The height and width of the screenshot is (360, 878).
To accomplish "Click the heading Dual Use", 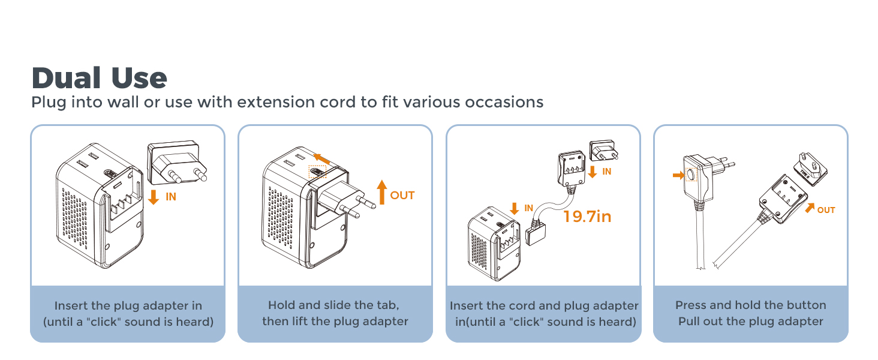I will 99,79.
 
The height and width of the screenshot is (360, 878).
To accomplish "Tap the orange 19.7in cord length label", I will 587,216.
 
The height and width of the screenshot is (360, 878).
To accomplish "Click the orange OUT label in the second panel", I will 402,196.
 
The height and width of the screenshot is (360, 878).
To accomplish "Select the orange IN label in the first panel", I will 171,196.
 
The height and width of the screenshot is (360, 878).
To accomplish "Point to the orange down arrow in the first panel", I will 154,197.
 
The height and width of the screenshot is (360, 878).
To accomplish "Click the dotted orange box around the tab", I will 317,172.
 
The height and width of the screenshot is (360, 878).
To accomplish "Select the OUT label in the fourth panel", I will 826,210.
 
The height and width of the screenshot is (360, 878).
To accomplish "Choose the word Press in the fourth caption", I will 691,305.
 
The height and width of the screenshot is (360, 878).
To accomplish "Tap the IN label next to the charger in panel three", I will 528,208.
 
